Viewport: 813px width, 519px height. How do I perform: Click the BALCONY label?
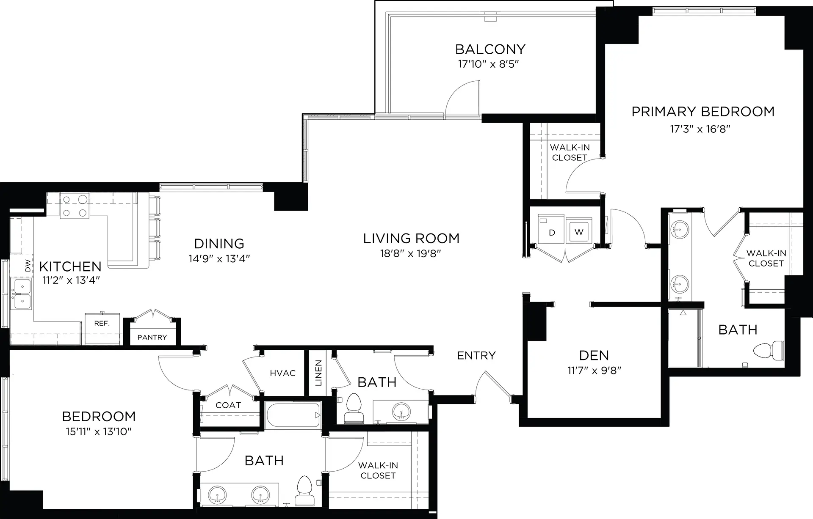490,49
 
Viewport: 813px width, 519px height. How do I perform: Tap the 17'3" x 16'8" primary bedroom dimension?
700,129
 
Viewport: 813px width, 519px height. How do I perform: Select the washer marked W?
579,232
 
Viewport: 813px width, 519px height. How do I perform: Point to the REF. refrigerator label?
102,323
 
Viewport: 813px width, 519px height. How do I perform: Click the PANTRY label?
152,337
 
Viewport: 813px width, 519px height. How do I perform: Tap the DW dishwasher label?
28,265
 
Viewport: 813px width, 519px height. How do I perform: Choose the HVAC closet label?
283,373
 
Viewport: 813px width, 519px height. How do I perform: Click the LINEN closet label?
318,373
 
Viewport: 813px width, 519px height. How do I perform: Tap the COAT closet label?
228,405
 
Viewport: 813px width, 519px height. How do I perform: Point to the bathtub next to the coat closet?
293,415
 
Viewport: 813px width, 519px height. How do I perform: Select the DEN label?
594,355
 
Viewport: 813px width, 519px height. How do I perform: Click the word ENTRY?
476,355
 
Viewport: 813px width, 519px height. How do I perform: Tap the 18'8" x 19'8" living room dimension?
411,254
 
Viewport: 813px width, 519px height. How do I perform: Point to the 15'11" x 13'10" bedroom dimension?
99,432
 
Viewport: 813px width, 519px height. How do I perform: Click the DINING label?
219,244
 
